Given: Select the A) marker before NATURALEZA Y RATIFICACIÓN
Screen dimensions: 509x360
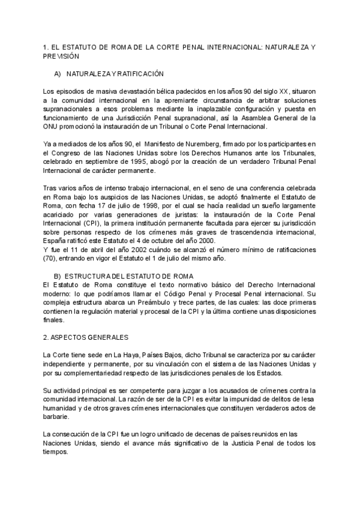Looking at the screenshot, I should pyautogui.click(x=58, y=73).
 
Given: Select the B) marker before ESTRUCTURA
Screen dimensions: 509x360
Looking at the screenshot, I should pyautogui.click(x=58, y=276).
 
